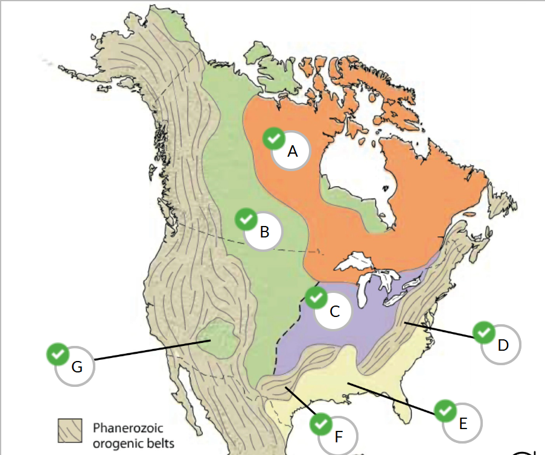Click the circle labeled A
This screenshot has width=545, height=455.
coord(291,151)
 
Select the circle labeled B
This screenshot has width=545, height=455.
coord(264,231)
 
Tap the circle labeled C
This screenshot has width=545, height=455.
coord(334,311)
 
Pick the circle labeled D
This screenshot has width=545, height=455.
coord(502,345)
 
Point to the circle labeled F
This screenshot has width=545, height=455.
coord(338,435)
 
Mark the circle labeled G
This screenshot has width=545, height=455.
coord(75,366)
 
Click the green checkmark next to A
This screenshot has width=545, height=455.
coord(273,139)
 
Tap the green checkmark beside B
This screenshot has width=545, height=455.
coord(246,219)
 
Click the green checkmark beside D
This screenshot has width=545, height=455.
coord(483,332)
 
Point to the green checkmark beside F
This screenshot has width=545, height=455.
coord(320,424)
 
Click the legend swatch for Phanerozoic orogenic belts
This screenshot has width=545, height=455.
coord(69,431)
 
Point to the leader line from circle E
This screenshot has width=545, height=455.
coord(392,398)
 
